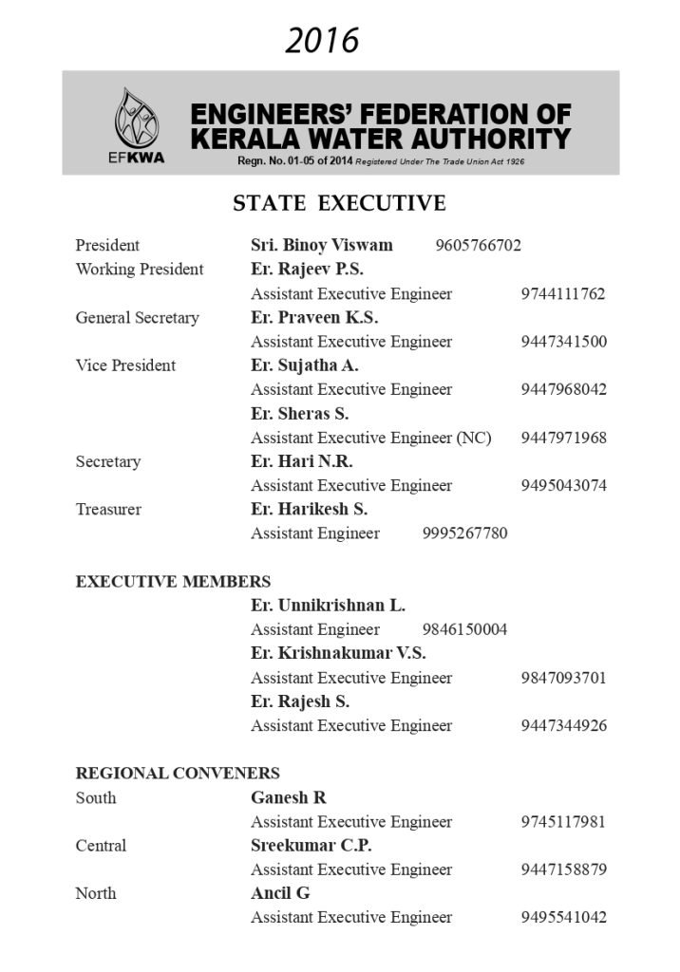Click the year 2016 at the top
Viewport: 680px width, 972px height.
pyautogui.click(x=322, y=41)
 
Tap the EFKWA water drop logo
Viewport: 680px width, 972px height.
pyautogui.click(x=131, y=121)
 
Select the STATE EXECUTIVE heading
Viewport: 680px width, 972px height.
pyautogui.click(x=339, y=203)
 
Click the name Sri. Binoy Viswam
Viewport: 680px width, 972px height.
pyautogui.click(x=321, y=245)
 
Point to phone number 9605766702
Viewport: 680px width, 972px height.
pyautogui.click(x=478, y=246)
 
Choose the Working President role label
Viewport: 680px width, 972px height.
pyautogui.click(x=139, y=270)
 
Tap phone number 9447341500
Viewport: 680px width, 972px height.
pyautogui.click(x=563, y=342)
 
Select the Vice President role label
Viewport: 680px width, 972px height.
pyautogui.click(x=125, y=365)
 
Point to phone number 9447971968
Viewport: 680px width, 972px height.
pyautogui.click(x=563, y=438)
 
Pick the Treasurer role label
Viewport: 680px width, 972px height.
pyautogui.click(x=108, y=510)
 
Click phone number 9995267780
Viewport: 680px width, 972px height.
pyautogui.click(x=464, y=533)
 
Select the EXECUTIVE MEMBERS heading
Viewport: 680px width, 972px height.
pyautogui.click(x=173, y=582)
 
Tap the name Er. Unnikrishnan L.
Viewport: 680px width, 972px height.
pyautogui.click(x=328, y=606)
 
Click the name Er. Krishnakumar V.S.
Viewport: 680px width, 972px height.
pyautogui.click(x=338, y=653)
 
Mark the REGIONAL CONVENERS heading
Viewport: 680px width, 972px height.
pyautogui.click(x=178, y=774)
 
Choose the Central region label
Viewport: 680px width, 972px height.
pyautogui.click(x=101, y=846)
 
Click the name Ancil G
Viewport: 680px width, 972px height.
pyautogui.click(x=280, y=893)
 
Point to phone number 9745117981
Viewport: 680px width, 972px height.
pyautogui.click(x=563, y=822)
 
